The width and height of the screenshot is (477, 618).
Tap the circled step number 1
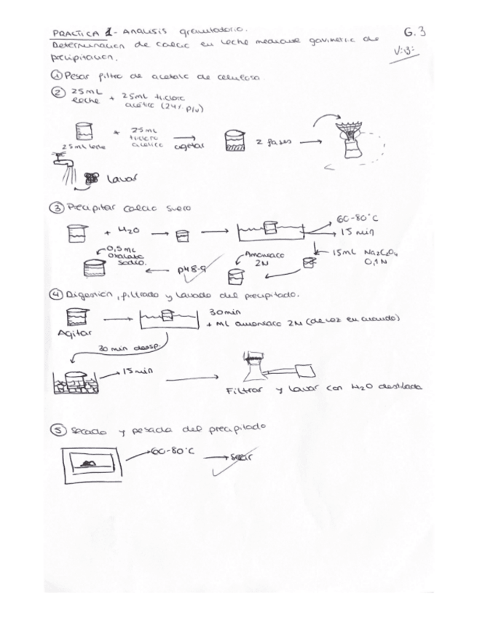point(58,76)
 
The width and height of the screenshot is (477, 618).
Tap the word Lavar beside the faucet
point(122,178)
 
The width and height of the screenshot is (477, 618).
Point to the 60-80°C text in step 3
point(358,219)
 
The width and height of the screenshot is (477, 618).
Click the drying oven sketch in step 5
point(90,463)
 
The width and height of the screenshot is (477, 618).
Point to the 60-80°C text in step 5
point(173,451)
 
